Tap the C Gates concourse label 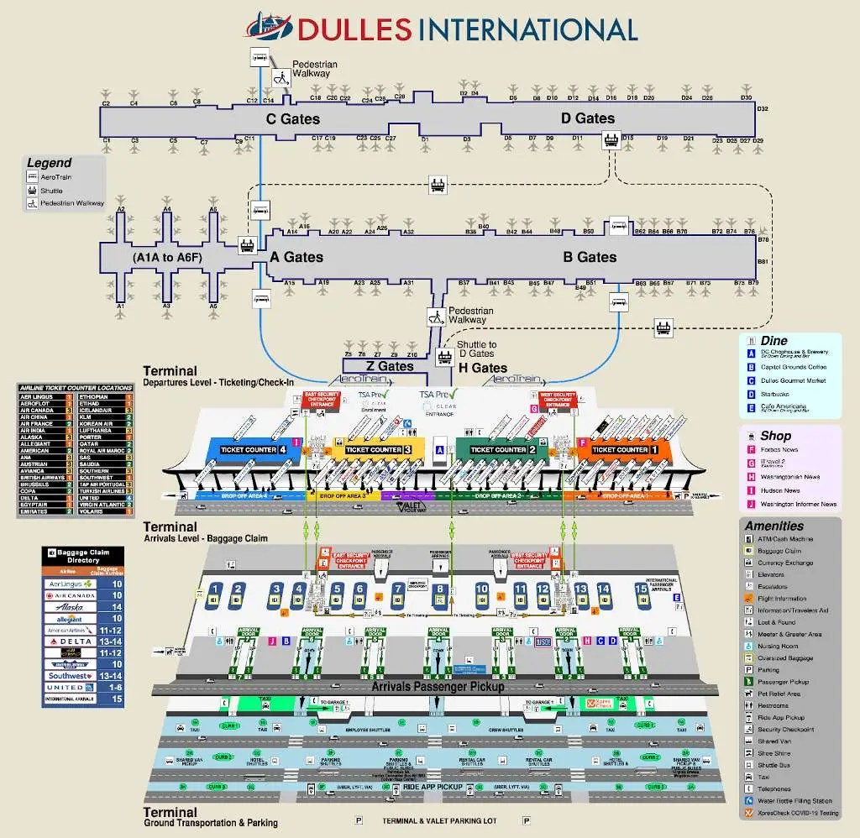click(x=293, y=119)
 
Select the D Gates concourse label click(x=588, y=118)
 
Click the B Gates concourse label click(x=590, y=257)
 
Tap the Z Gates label click(x=390, y=366)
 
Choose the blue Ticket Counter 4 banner click(x=253, y=449)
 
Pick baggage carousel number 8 click(x=439, y=594)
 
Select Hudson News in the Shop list click(x=780, y=490)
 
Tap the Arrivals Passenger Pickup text click(x=438, y=687)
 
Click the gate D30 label click(x=746, y=98)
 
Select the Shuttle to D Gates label click(x=476, y=348)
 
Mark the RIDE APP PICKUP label click(x=433, y=786)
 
